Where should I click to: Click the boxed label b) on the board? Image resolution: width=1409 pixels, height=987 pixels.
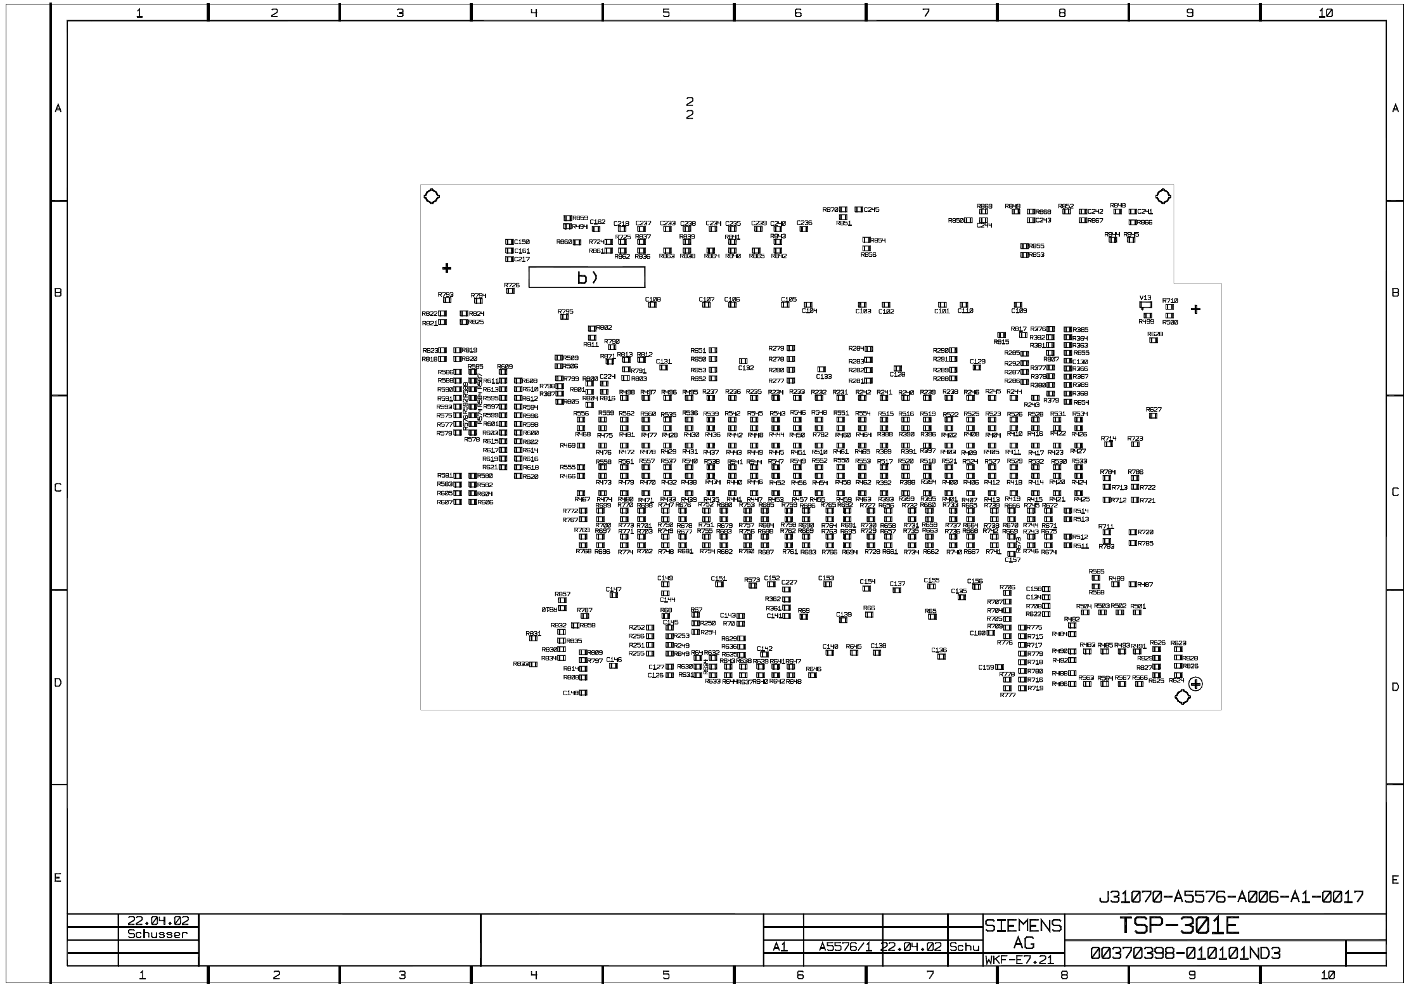coord(586,277)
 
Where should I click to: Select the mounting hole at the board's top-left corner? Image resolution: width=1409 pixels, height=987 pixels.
coord(431,197)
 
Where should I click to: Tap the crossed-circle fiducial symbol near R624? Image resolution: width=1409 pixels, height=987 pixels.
coord(1195,684)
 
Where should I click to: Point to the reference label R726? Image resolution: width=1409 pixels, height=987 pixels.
coord(511,285)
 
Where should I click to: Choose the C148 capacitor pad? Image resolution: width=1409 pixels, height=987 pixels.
coord(582,693)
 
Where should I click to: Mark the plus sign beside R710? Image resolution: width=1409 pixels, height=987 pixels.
coord(1195,310)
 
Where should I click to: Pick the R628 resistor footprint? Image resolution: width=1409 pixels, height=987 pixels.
coord(1153,341)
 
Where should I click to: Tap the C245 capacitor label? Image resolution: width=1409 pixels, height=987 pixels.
coord(872,210)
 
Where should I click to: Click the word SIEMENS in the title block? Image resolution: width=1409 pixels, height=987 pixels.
coord(1023,926)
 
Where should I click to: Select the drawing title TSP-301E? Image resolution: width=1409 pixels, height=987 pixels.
coord(1178,926)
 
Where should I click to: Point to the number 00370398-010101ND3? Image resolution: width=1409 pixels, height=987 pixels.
coord(1185,953)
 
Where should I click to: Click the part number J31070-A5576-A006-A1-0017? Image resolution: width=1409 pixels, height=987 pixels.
coord(1231,897)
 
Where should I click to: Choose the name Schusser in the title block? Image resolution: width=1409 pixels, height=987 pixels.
coord(157,934)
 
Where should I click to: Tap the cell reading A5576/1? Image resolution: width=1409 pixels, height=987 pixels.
coord(846,947)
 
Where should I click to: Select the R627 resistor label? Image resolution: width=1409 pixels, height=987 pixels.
coord(1154,410)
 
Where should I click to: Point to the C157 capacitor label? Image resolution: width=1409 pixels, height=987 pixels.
coord(1013,559)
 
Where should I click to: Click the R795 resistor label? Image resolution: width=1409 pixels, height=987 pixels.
coord(565,311)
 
